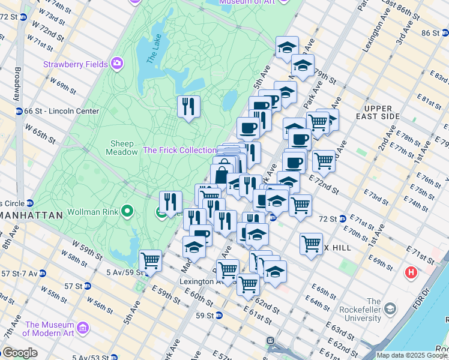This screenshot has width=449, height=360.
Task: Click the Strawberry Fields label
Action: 74,64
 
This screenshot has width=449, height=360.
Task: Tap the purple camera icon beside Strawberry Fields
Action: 116,63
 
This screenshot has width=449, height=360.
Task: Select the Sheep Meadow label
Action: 124,148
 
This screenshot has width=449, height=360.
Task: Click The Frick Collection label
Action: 179,150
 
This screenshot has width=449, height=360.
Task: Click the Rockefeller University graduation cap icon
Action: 391,309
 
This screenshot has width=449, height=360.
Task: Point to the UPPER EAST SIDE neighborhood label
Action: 378,112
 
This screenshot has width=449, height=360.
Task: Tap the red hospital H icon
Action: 411,273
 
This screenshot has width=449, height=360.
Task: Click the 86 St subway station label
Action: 430,33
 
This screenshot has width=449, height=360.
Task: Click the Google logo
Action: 19,353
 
